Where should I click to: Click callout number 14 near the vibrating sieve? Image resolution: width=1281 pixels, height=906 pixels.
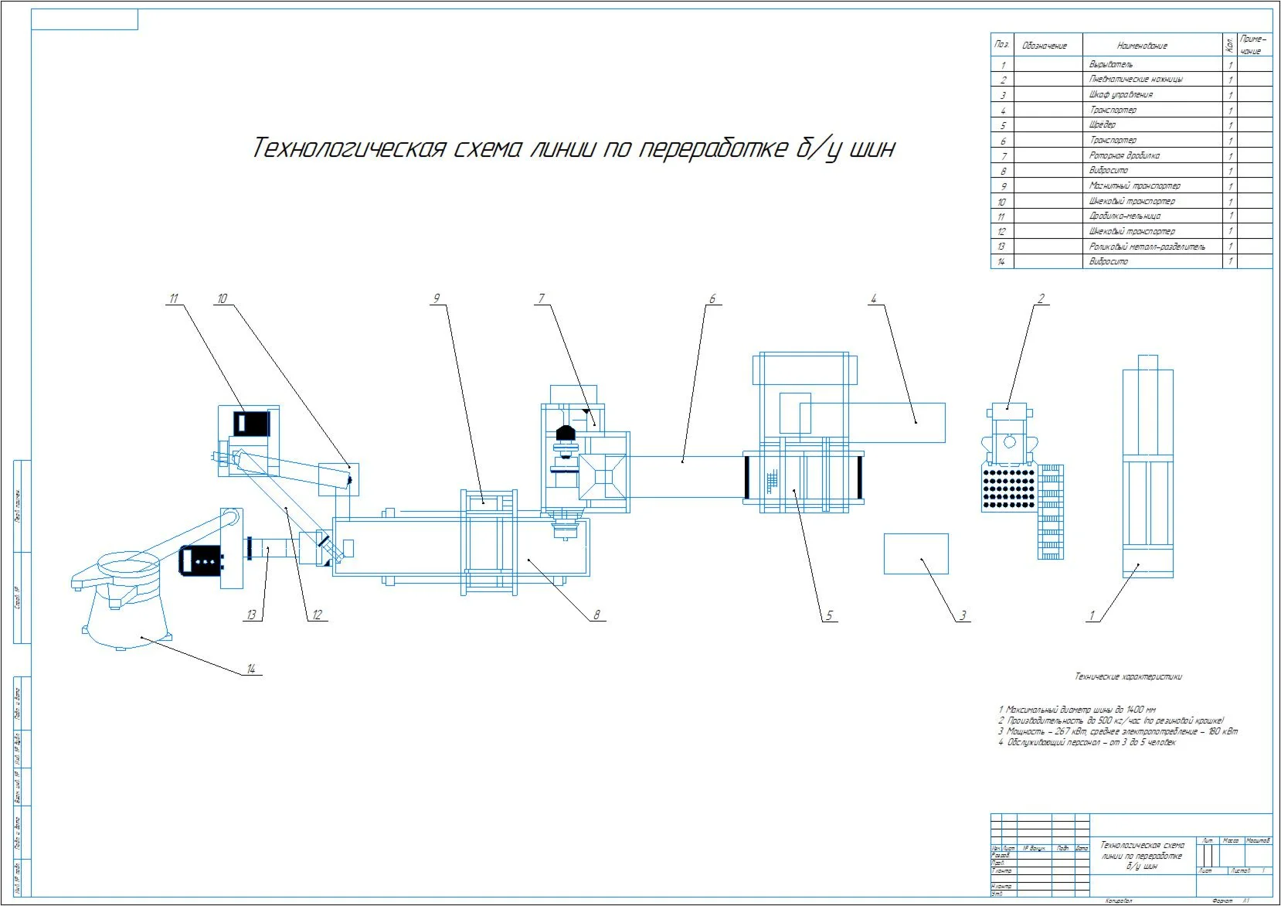pyautogui.click(x=250, y=669)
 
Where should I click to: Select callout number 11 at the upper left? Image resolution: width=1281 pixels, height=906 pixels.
pyautogui.click(x=174, y=298)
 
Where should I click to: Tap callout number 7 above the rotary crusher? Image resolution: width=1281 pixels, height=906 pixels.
pyautogui.click(x=542, y=298)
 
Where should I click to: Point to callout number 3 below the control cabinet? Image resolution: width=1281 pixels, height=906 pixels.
pyautogui.click(x=963, y=616)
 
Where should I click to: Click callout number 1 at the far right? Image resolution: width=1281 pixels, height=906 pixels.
pyautogui.click(x=1092, y=616)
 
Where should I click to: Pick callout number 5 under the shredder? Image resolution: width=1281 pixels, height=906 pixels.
pyautogui.click(x=829, y=616)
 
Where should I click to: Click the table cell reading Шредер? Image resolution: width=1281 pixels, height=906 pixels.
pyautogui.click(x=1103, y=124)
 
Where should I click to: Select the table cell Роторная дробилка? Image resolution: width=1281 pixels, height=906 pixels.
pyautogui.click(x=1124, y=155)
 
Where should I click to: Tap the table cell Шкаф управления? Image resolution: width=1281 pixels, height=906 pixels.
pyautogui.click(x=1121, y=94)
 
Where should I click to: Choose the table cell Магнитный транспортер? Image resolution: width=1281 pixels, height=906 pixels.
pyautogui.click(x=1134, y=186)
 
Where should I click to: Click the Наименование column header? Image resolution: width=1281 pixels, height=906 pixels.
pyautogui.click(x=1142, y=46)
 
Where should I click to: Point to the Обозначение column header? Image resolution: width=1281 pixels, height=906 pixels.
pyautogui.click(x=1044, y=46)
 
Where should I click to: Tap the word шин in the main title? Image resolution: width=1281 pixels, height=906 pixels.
pyautogui.click(x=872, y=148)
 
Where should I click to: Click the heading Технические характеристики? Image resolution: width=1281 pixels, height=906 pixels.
pyautogui.click(x=1128, y=677)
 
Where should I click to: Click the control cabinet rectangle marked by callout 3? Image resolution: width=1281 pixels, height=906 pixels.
pyautogui.click(x=916, y=553)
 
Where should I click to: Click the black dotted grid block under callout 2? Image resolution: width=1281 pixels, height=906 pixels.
pyautogui.click(x=1007, y=489)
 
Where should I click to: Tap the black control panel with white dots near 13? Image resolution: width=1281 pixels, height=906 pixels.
pyautogui.click(x=202, y=560)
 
